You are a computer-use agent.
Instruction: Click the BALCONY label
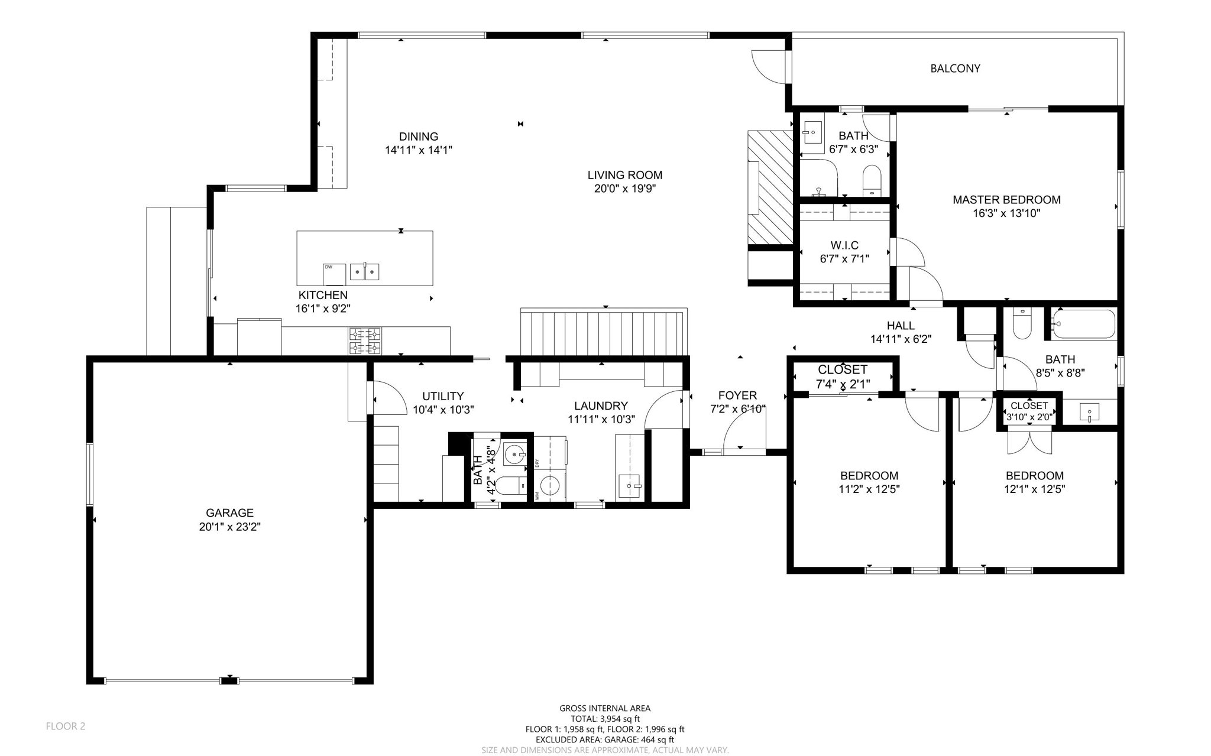pyautogui.click(x=955, y=69)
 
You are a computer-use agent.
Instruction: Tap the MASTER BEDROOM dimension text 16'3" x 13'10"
pyautogui.click(x=1006, y=213)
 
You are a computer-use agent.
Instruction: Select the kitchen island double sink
pyautogui.click(x=365, y=271)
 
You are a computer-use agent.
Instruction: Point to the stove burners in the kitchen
pyautogui.click(x=365, y=341)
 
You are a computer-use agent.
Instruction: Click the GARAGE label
pyautogui.click(x=229, y=513)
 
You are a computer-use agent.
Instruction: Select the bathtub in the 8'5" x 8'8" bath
pyautogui.click(x=1083, y=324)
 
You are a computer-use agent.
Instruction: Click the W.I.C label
pyautogui.click(x=844, y=245)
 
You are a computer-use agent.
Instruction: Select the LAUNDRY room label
pyautogui.click(x=601, y=406)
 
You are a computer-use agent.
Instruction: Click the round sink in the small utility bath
pyautogui.click(x=516, y=455)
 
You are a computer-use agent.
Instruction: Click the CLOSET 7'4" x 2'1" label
pyautogui.click(x=842, y=377)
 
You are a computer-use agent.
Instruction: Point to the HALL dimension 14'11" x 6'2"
pyautogui.click(x=901, y=339)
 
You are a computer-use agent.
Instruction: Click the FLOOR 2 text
pyautogui.click(x=66, y=726)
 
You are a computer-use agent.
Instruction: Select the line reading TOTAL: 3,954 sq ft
pyautogui.click(x=604, y=719)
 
